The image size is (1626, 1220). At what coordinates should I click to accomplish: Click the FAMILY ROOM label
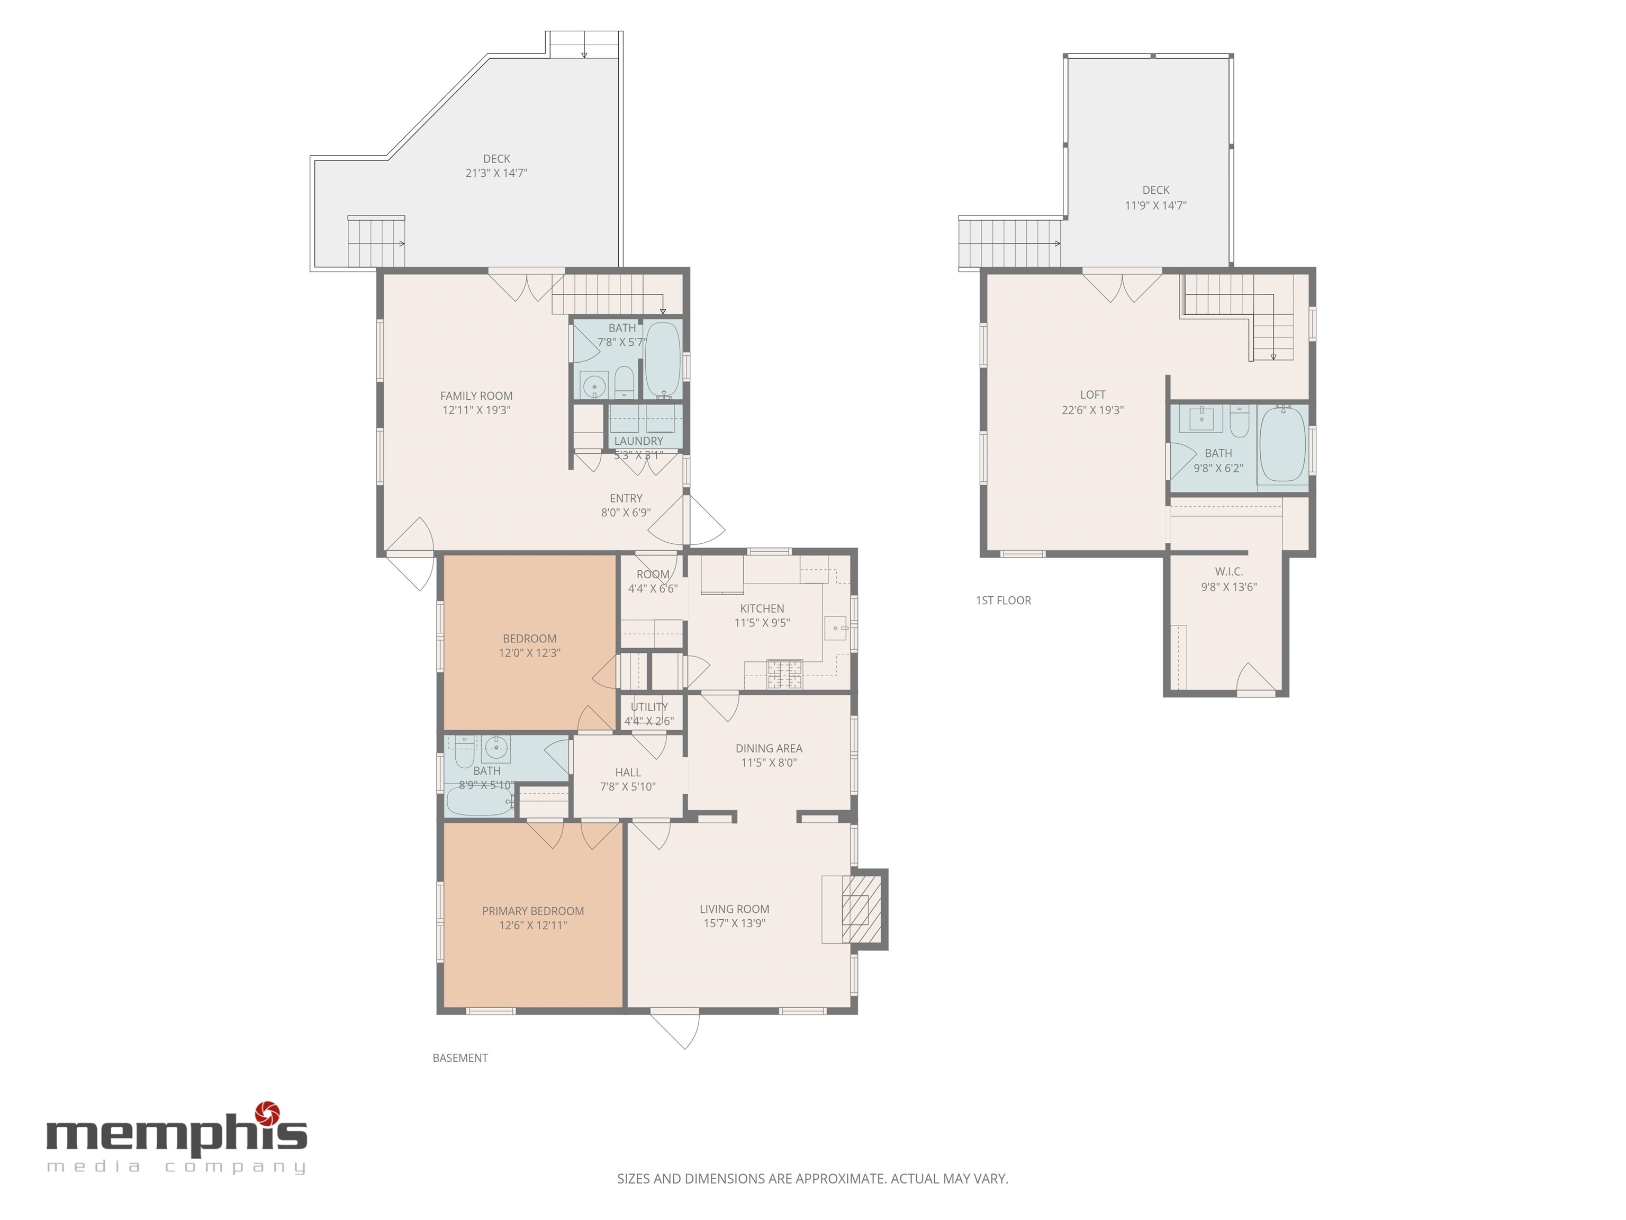[476, 396]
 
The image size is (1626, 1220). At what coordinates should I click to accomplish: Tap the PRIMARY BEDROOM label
[533, 911]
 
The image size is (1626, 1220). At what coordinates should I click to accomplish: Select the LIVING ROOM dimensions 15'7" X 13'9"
[734, 923]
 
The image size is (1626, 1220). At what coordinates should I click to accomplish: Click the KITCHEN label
[762, 609]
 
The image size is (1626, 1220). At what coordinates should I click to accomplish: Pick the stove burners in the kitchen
[785, 675]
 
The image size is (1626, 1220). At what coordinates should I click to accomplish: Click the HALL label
[628, 772]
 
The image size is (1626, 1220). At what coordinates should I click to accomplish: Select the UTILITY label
[649, 707]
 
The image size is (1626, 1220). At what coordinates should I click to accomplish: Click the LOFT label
[1093, 395]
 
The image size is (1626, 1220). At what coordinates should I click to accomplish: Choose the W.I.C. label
[1229, 572]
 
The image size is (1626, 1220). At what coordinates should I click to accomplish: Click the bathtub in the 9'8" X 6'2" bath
[1282, 444]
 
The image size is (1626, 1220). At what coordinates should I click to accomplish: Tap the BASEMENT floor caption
[460, 1058]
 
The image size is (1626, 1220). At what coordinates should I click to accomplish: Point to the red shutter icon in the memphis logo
[267, 1114]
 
